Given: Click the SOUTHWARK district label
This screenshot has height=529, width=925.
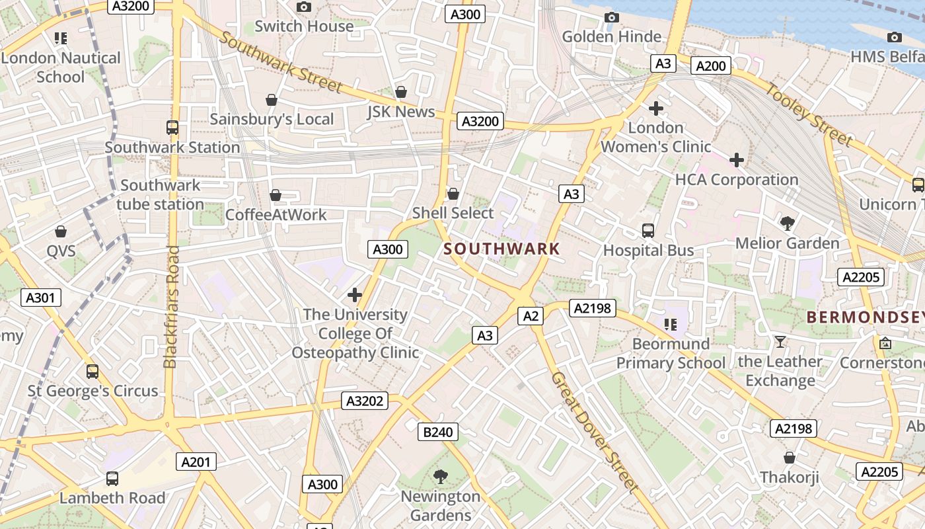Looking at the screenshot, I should coord(501,249).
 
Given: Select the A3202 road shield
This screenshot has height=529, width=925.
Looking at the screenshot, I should coord(365,401).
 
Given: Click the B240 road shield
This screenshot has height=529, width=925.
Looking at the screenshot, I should coord(437,432).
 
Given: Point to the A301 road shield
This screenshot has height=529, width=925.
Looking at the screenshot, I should coord(40,298).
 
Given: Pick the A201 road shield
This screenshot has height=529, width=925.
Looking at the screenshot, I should coord(196,462).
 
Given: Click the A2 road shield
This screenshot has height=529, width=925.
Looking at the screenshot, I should coord(530,316).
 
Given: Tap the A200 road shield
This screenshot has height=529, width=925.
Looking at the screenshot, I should coord(711,65).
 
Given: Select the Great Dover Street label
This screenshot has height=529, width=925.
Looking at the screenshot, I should coord(595,432).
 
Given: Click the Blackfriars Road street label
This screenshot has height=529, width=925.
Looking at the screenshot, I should coord(171,307).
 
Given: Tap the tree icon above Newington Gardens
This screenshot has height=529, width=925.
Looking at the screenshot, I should coord(440,476).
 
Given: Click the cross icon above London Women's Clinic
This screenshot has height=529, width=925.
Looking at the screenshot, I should coord(655,108).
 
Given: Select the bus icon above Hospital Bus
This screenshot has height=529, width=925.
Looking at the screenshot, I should coord(648,231).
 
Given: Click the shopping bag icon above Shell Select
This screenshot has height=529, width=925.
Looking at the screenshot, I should coord(453,194).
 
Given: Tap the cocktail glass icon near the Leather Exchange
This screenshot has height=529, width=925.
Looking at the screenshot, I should coord(780,342).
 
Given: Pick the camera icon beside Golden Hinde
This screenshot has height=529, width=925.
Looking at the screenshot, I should coord(612,17).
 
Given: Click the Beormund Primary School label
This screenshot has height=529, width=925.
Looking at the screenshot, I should coord(671,353).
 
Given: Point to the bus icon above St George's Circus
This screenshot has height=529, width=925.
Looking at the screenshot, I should coord(92,372).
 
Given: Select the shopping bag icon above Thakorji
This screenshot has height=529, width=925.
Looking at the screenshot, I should coord(789,458).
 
